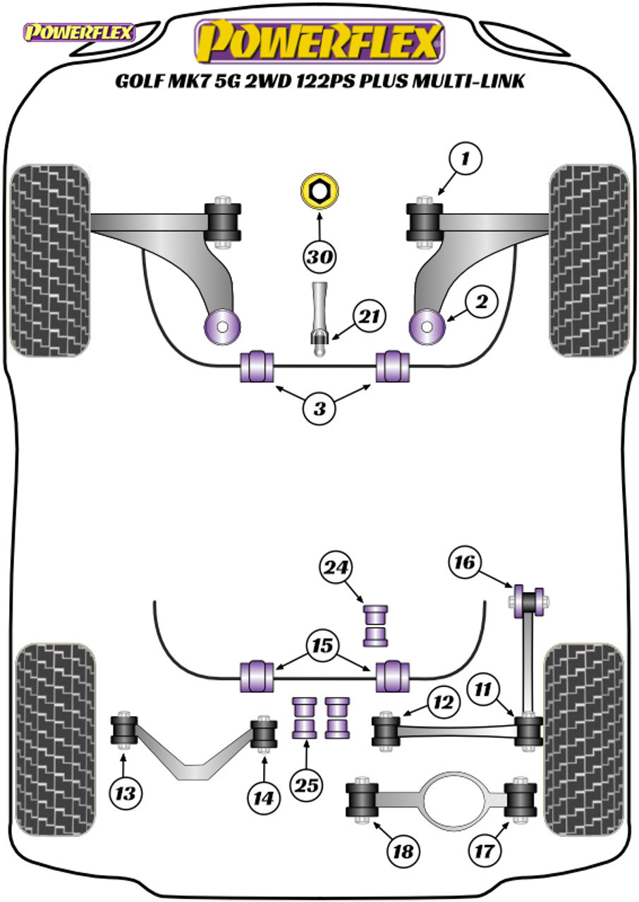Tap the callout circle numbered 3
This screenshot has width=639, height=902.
tap(320, 409)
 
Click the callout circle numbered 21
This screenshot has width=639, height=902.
tap(369, 316)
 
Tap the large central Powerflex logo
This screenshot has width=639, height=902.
tap(319, 42)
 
